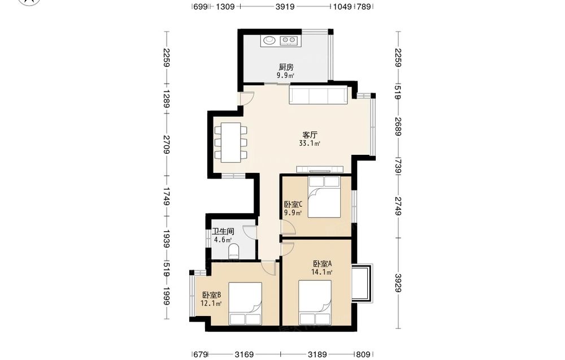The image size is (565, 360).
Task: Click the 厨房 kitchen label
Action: [286, 67]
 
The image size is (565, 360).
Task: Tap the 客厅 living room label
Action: [310, 135]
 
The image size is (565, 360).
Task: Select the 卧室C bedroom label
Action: [293, 205]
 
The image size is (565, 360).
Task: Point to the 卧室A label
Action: [322, 264]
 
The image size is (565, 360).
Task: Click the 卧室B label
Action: [211, 295]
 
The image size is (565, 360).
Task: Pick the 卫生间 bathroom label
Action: [223, 231]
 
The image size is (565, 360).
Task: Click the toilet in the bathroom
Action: [234, 250]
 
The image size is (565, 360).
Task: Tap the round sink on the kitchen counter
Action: [268, 40]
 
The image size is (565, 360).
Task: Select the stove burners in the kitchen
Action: [288, 40]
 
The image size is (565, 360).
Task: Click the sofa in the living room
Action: [318, 94]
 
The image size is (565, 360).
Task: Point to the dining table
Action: [231, 143]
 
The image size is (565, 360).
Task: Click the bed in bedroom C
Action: [324, 197]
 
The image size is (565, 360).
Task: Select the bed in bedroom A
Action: [315, 302]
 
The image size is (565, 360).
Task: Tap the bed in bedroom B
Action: [245, 303]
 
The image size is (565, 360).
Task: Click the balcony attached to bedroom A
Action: [362, 283]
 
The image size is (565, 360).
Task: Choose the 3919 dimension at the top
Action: [285, 6]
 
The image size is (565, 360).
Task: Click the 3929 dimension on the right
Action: [398, 283]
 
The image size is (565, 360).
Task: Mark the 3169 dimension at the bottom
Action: [244, 354]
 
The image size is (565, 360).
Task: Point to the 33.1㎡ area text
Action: [310, 144]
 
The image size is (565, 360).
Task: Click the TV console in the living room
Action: [320, 170]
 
